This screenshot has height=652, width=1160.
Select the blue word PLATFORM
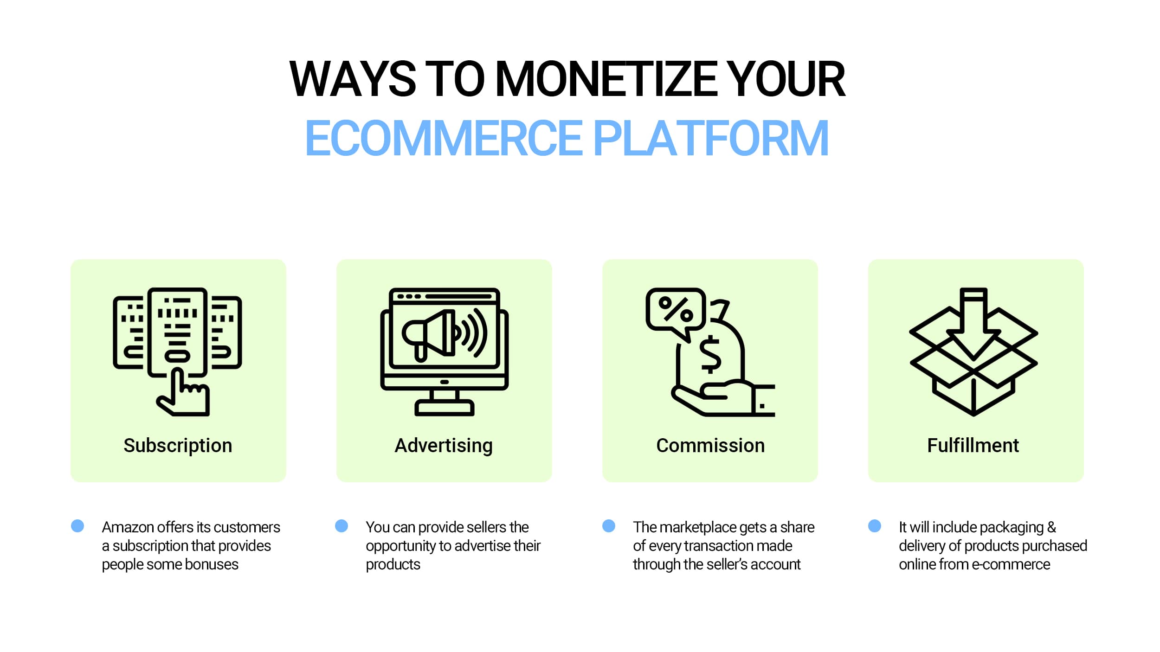click(x=711, y=138)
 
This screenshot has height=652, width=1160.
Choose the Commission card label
click(x=710, y=446)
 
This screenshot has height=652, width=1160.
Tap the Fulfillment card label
click(x=973, y=446)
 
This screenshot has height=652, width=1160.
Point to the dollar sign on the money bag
click(x=710, y=355)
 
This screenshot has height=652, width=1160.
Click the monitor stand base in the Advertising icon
click(x=444, y=408)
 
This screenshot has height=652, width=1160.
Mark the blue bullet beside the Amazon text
click(x=77, y=526)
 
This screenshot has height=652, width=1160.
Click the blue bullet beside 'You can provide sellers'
click(x=342, y=526)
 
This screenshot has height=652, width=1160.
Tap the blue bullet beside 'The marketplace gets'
click(x=609, y=526)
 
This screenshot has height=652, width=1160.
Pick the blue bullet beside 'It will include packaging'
click(x=875, y=526)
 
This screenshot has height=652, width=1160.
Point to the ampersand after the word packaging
click(x=1051, y=527)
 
